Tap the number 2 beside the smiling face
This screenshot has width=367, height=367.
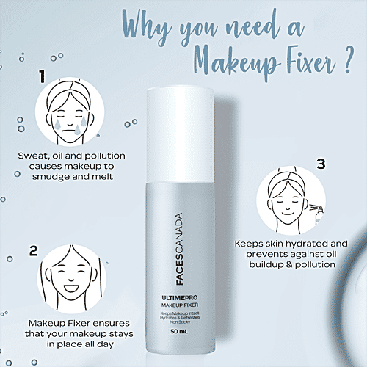coord(33,250)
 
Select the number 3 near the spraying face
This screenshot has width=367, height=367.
coord(320,164)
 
